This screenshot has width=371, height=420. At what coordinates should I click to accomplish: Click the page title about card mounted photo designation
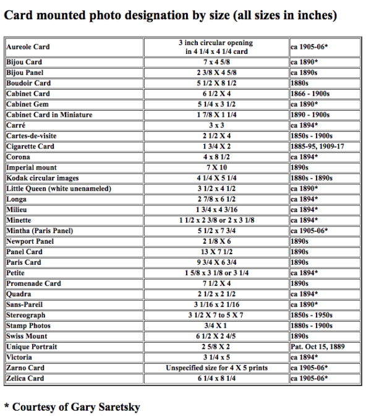click(170, 14)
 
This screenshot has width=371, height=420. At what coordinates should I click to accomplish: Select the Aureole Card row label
click(28, 47)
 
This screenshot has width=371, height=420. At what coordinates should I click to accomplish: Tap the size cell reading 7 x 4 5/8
click(215, 62)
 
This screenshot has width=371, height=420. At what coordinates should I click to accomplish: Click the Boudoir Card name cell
click(28, 83)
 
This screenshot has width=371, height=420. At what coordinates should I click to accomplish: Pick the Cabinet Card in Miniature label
click(49, 114)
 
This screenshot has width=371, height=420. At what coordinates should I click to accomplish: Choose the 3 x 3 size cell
click(215, 125)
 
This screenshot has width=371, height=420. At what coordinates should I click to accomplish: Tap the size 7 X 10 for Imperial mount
click(215, 168)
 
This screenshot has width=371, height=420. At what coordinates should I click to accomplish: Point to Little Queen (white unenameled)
click(58, 189)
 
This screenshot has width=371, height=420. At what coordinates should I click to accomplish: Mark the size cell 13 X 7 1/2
click(215, 252)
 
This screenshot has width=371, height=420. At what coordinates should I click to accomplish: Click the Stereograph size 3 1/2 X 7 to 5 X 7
click(215, 315)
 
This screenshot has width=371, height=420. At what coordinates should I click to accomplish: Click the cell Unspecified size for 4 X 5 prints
click(215, 368)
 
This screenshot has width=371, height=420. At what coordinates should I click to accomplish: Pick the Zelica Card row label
click(25, 379)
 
